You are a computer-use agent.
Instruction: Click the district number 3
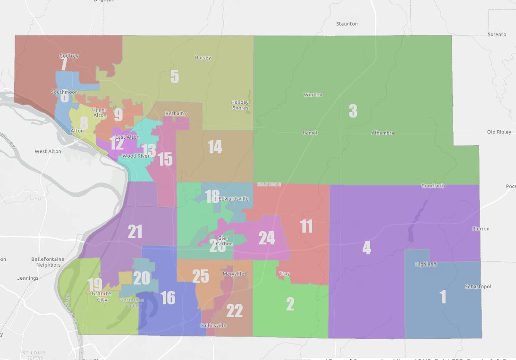tap(353, 111)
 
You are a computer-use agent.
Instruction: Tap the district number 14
tap(215, 147)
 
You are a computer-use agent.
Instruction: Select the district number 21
tap(135, 231)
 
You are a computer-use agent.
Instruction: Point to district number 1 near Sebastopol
tap(443, 297)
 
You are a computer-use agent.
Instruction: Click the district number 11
tap(306, 226)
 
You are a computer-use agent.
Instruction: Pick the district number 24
tap(267, 238)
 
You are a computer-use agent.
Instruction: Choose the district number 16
tap(168, 298)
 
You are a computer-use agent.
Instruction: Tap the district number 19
tap(94, 285)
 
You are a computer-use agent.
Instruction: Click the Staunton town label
tap(347, 24)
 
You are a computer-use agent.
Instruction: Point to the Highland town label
tap(425, 264)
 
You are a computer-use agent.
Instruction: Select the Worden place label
tap(313, 94)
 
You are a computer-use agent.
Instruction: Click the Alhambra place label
tap(382, 133)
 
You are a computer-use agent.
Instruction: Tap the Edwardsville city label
tap(233, 199)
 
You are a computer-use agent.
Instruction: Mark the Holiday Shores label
tap(240, 105)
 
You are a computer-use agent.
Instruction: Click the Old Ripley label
tap(499, 132)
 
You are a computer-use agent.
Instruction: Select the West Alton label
tap(48, 151)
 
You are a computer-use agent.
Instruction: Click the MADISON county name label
tap(269, 184)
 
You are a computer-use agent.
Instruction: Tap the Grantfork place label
tap(432, 186)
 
